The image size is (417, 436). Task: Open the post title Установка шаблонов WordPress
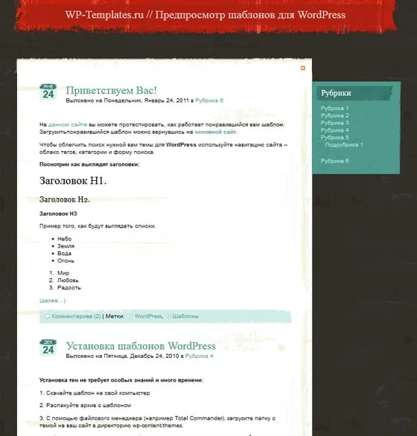(141, 346)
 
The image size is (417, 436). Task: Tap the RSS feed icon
(302, 68)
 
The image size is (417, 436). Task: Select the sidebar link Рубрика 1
(334, 109)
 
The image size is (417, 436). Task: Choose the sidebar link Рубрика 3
(334, 123)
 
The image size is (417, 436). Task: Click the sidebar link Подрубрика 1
(344, 144)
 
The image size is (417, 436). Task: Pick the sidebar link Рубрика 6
(334, 161)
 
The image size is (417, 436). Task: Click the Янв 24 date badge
(48, 92)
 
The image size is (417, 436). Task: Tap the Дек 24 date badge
(48, 348)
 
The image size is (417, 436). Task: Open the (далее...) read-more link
(52, 301)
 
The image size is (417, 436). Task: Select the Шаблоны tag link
(185, 316)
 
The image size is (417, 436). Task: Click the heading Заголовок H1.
(73, 180)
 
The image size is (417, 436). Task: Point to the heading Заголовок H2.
(64, 199)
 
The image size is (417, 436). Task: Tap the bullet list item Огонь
(66, 261)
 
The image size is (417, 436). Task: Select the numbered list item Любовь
(68, 280)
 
